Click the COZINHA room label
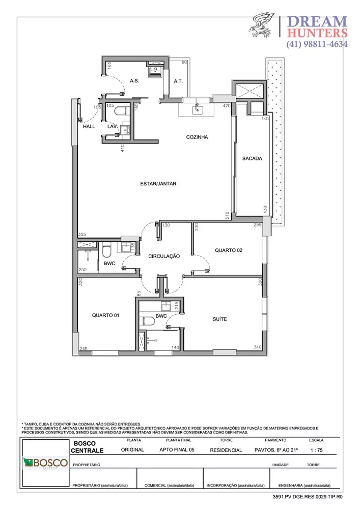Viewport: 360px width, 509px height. coord(198,137)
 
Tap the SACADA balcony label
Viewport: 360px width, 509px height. coord(252,158)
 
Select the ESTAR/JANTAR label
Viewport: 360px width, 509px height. coord(159,184)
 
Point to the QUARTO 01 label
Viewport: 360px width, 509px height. coord(105,316)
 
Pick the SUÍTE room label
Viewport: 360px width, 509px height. coord(219,319)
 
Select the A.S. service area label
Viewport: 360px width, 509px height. coord(135,81)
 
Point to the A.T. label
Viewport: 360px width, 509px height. coord(178,81)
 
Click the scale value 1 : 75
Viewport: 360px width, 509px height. coord(316,450)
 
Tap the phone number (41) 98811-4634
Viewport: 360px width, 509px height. coord(317,44)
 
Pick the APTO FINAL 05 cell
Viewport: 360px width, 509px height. coord(176,450)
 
